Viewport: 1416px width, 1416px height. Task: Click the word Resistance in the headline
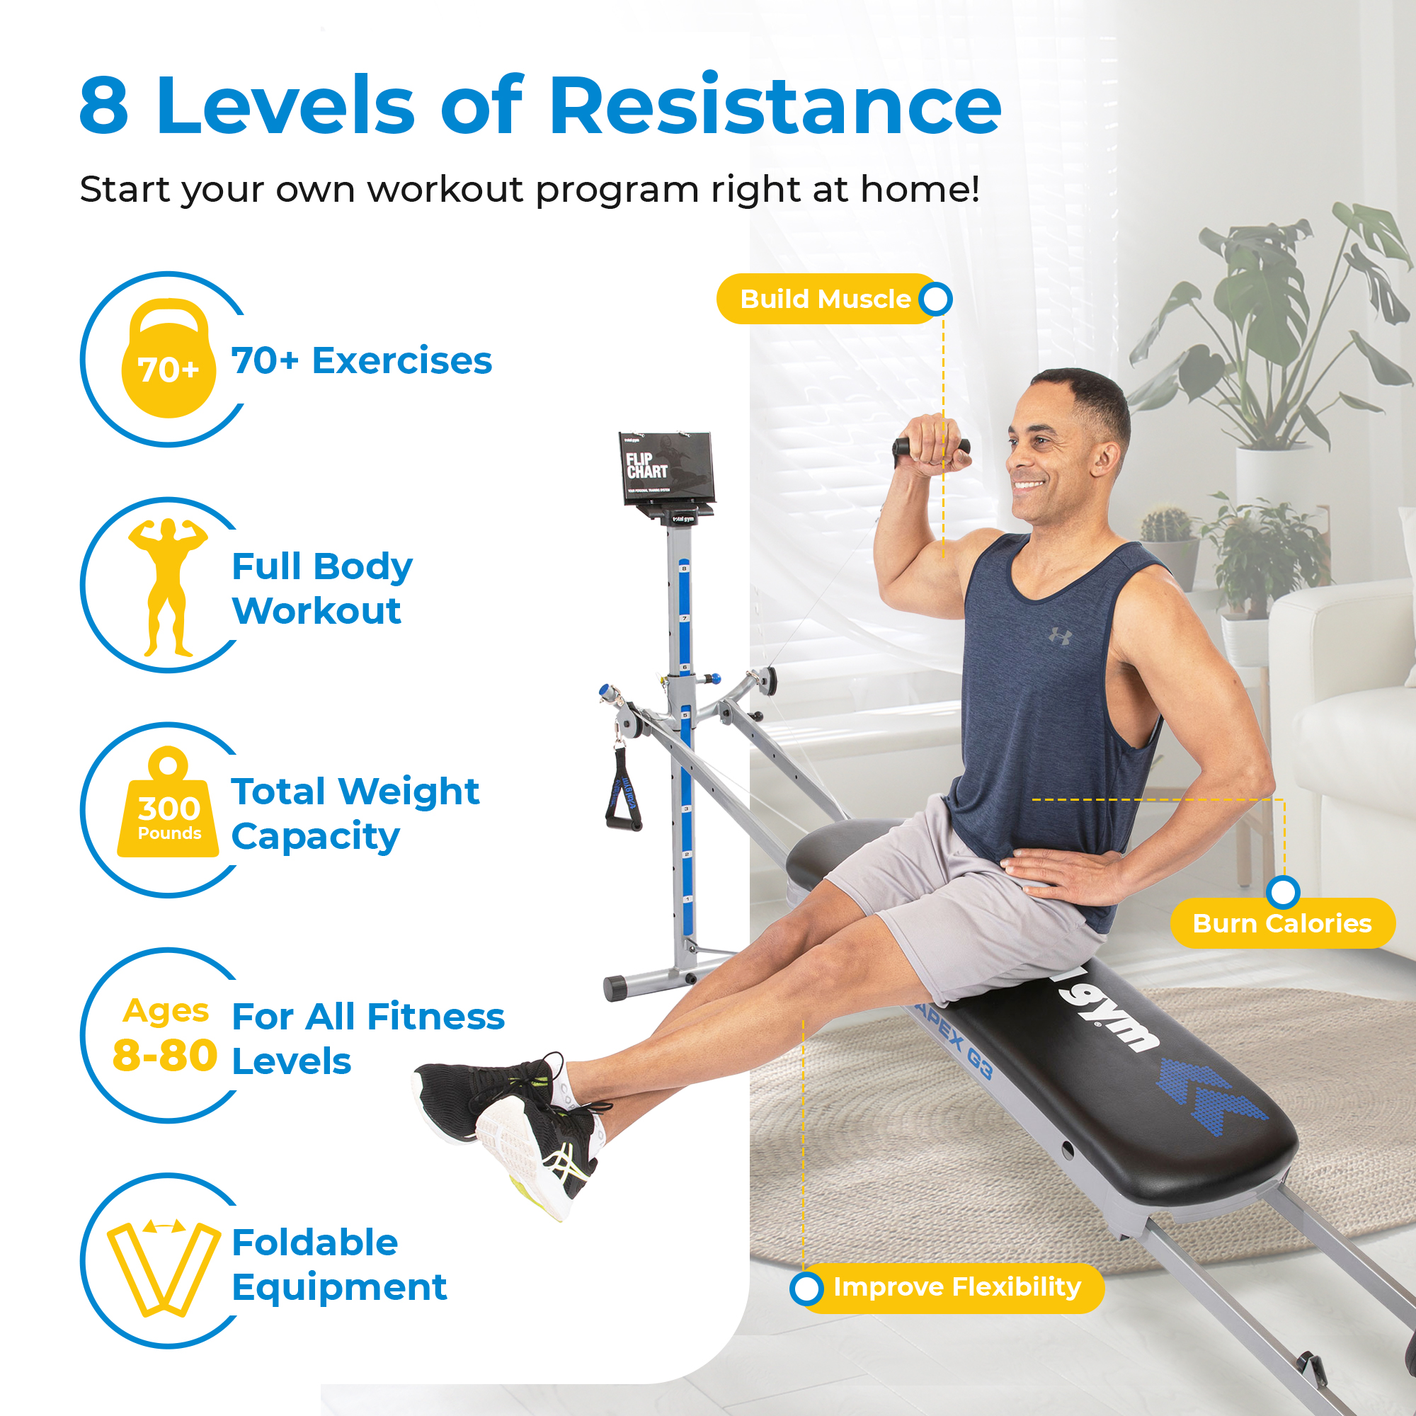click(775, 106)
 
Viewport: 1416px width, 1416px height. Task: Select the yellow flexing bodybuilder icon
click(168, 586)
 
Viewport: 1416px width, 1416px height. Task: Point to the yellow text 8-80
click(165, 1056)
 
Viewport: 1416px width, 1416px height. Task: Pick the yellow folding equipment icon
click(164, 1268)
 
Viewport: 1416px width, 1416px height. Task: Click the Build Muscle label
click(825, 299)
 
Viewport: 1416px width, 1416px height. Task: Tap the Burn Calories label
click(1281, 923)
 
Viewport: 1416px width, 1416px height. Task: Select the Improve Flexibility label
click(957, 1287)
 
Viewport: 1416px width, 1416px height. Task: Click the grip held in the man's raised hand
click(930, 445)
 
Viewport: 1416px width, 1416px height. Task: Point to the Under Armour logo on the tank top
click(1060, 636)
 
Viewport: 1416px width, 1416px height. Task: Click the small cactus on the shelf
click(1166, 522)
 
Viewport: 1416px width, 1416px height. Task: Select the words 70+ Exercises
click(361, 360)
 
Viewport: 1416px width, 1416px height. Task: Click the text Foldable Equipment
click(338, 1265)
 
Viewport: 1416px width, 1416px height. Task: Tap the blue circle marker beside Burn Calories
click(1283, 892)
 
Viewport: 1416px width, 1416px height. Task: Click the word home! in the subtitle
click(920, 189)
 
